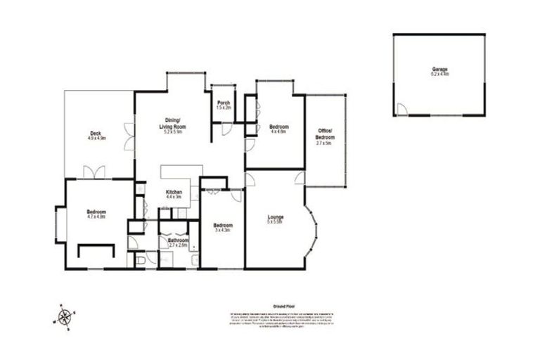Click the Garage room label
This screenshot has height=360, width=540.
[440, 69]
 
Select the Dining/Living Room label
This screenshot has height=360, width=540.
[173, 122]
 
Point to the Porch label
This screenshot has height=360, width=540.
[224, 103]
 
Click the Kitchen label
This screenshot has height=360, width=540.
[174, 192]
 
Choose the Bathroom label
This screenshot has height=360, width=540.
[178, 240]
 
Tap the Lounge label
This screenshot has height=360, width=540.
[274, 217]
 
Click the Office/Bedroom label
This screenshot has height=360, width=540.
[324, 134]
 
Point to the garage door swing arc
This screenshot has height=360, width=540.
[401, 110]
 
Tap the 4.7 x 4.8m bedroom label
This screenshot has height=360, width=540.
[96, 214]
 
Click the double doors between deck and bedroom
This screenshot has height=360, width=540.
[94, 172]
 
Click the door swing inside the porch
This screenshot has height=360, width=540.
[226, 129]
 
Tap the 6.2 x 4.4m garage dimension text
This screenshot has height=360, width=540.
[440, 73]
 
